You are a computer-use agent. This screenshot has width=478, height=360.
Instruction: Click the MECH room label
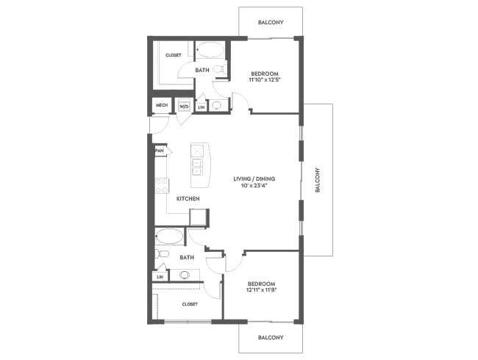162,105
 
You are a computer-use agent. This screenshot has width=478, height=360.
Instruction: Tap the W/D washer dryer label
184,107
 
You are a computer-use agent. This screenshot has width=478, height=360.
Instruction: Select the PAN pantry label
160,151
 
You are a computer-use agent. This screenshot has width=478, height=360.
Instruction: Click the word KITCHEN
188,198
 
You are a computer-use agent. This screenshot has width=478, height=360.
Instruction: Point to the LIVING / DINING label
254,179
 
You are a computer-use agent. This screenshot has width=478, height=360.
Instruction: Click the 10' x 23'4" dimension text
254,185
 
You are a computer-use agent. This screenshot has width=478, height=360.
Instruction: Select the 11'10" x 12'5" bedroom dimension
264,80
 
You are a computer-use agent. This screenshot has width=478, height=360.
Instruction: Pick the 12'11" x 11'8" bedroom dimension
261,290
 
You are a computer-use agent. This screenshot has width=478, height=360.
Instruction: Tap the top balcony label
271,22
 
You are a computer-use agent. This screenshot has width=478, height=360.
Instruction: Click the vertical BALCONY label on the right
318,180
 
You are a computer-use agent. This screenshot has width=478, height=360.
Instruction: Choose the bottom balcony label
271,337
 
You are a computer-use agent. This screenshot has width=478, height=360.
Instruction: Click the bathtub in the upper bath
210,50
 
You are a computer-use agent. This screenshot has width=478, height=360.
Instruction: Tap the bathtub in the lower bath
169,236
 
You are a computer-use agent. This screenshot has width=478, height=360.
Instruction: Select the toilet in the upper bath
219,69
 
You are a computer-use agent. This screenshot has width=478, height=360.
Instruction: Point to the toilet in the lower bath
162,253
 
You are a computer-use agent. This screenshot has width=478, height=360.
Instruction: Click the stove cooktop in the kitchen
162,186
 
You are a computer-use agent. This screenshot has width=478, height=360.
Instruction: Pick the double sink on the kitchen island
197,168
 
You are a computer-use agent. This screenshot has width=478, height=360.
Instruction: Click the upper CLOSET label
173,55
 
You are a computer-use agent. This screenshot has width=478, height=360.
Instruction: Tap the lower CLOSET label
190,304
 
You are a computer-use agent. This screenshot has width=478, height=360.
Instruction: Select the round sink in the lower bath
185,275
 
